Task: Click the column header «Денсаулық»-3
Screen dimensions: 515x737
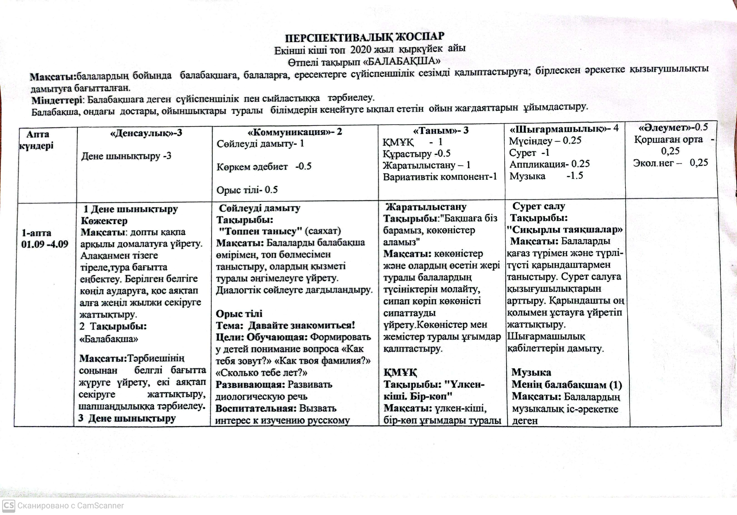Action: pos(146,133)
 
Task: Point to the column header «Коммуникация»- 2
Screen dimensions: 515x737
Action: pos(295,132)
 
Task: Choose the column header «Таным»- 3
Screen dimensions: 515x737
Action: pos(441,130)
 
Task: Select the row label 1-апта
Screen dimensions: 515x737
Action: pos(36,233)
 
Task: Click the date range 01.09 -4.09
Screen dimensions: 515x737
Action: pos(45,244)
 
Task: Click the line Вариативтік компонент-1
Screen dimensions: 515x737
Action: pos(440,177)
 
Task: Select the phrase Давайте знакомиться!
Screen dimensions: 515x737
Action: pos(302,325)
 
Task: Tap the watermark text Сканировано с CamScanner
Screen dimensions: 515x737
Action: pos(71,506)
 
